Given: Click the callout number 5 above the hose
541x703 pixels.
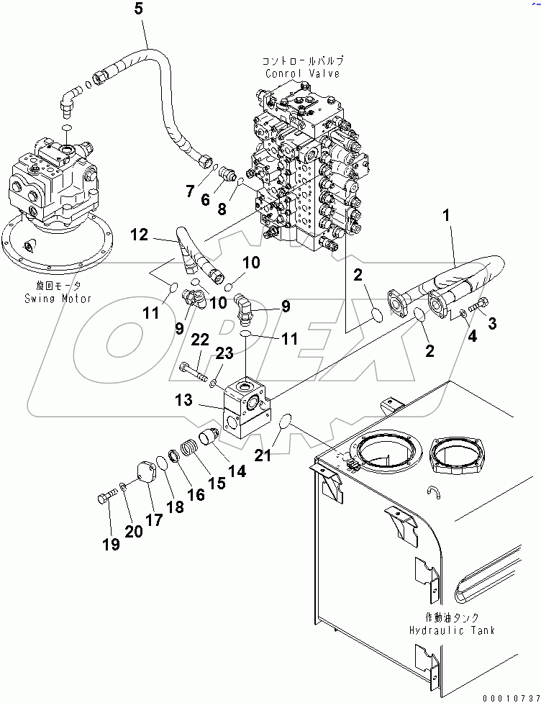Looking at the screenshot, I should coord(139,9).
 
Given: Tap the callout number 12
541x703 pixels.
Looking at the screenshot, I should coord(139,234).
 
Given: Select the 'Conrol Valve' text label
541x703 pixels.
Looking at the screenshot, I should coord(302,73).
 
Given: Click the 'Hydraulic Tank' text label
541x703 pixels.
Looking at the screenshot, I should coord(452,630).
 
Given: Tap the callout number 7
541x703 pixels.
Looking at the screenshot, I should coord(191,191).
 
